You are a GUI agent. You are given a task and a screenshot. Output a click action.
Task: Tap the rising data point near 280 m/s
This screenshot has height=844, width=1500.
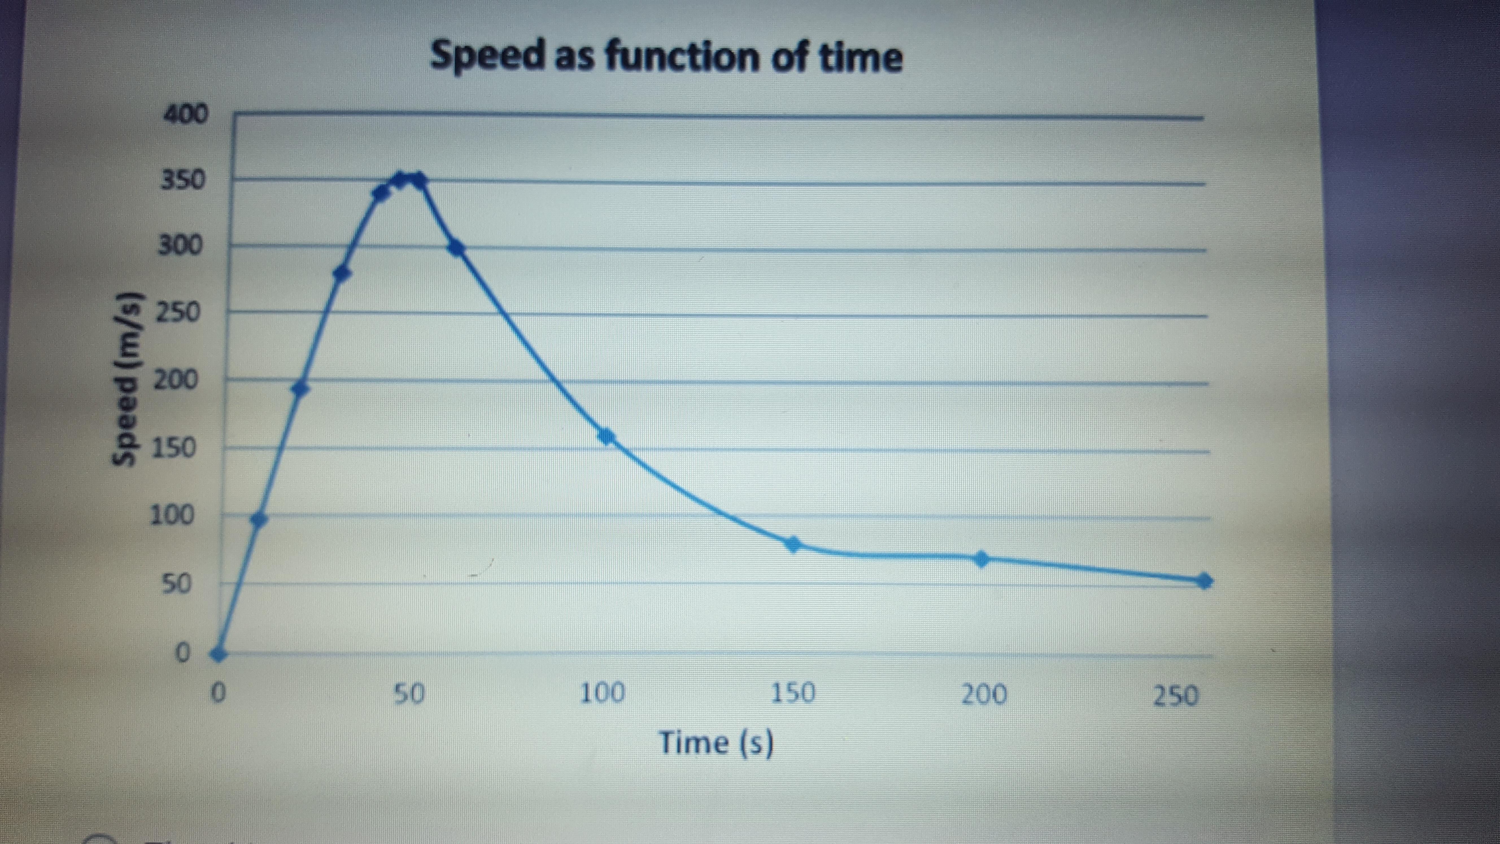[342, 273]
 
